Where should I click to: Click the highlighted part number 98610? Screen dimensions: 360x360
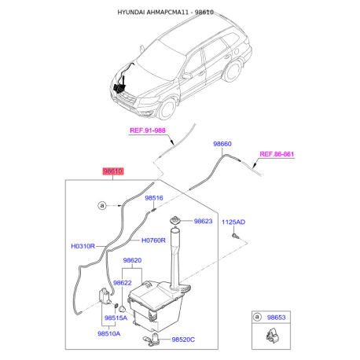coord(112,171)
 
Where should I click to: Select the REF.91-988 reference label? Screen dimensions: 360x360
coord(148,130)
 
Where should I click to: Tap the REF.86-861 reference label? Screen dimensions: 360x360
coord(277,154)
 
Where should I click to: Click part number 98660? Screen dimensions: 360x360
coord(222,144)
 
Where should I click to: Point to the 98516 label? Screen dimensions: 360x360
coord(154,198)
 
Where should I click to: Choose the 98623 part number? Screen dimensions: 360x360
coord(203,221)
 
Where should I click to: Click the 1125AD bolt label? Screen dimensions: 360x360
coord(233,222)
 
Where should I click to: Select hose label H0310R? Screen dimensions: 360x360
coord(83,246)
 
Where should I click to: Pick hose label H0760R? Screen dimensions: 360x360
coord(153,241)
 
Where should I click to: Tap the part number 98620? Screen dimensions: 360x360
coord(132,260)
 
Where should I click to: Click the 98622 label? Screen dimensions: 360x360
coord(123,283)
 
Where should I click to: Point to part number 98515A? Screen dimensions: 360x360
coord(116,318)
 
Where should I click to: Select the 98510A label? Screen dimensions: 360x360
coord(109,334)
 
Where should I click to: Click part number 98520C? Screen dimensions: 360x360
coord(183,340)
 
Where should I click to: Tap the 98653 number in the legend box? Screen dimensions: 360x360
coord(277,318)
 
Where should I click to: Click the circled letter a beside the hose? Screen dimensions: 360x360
coord(102,205)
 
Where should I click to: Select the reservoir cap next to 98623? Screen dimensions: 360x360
coord(174,220)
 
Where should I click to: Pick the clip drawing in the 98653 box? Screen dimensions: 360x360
coord(271,336)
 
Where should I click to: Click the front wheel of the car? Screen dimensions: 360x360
coord(167,108)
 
